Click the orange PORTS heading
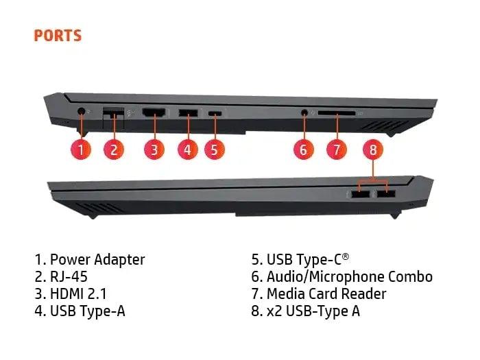58,36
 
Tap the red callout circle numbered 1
81,149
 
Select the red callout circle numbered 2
114,149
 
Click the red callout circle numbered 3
154,149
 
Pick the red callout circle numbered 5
214,149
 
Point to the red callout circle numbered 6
303,149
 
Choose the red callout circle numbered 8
373,149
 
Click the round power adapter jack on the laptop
81,111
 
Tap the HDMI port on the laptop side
154,112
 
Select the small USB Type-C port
215,114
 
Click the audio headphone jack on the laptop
304,112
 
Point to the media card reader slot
337,113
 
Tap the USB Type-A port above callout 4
188,112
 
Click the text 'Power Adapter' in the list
97,260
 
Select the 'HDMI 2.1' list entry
78,294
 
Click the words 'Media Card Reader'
326,294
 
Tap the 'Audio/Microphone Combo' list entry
350,277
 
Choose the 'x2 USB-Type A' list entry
313,311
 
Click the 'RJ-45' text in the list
69,277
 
